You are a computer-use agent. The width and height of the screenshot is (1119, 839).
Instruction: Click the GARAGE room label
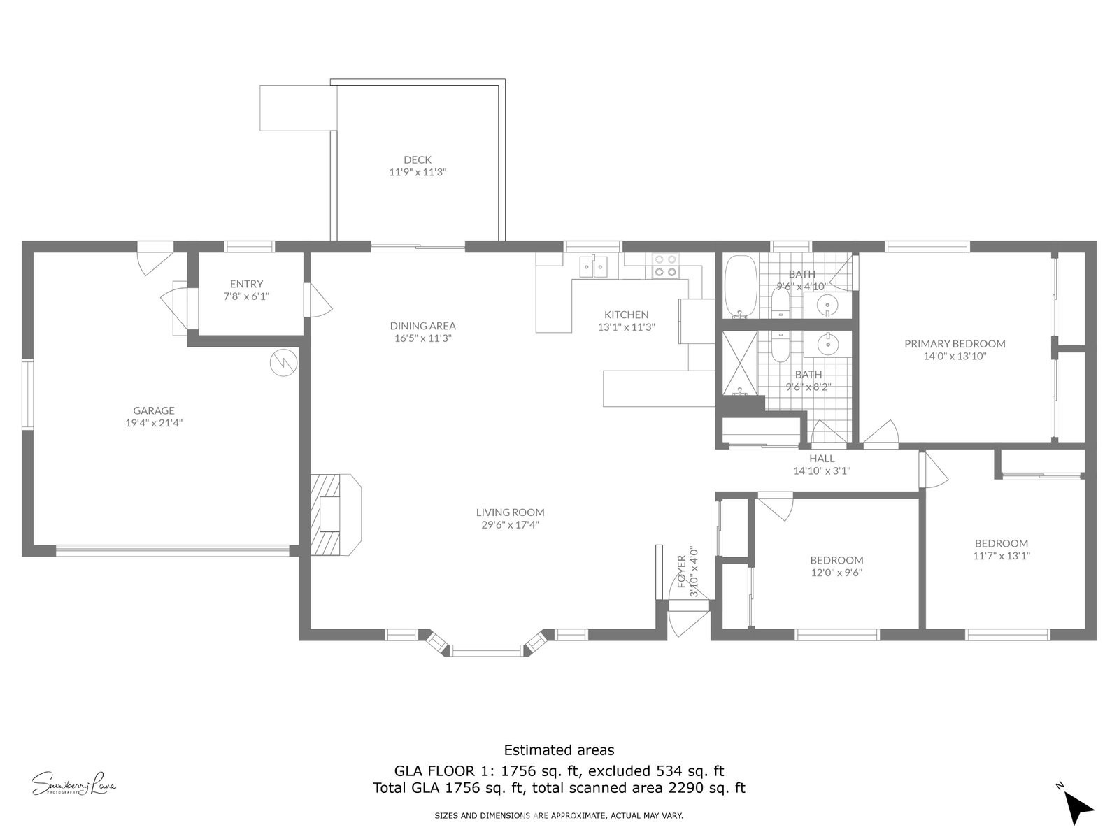(153, 410)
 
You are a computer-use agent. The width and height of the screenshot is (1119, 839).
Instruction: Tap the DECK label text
(418, 159)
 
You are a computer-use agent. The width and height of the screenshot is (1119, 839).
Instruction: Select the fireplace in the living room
(336, 515)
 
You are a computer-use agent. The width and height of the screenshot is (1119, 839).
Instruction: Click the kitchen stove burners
(666, 266)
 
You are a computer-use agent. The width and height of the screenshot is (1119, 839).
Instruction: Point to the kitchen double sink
(593, 266)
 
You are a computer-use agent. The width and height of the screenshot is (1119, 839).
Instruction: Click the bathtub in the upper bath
(741, 286)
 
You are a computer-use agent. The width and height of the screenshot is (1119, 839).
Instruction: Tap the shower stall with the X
(740, 363)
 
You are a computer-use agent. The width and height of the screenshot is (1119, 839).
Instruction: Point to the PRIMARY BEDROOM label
(955, 344)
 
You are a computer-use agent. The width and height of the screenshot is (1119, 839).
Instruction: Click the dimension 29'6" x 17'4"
(510, 524)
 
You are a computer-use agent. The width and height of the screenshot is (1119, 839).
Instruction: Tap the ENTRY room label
(246, 284)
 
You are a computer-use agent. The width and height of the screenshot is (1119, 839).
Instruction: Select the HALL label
(822, 459)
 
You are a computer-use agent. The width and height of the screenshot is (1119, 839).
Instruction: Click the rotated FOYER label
(682, 571)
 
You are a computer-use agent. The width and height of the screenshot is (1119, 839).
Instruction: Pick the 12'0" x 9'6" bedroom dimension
(836, 573)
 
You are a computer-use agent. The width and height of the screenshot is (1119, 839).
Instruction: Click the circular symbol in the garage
(283, 363)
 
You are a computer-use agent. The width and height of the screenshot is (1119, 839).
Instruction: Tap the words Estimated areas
(559, 750)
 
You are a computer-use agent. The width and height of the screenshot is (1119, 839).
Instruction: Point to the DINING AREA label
(422, 326)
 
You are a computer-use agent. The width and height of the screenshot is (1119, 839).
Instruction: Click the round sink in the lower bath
(827, 345)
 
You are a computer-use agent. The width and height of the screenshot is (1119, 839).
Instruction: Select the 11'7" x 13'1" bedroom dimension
(1002, 556)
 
